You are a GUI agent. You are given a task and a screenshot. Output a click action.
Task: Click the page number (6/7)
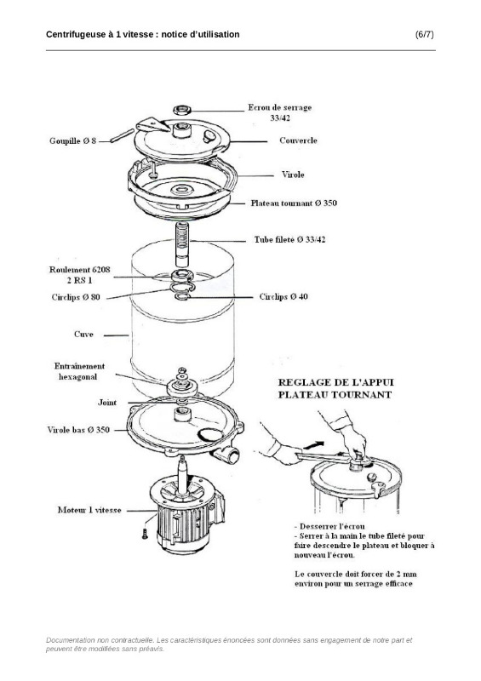pos(424,35)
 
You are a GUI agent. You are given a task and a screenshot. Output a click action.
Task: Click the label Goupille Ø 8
pos(72,140)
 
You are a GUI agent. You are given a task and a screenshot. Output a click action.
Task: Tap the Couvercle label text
pos(298,140)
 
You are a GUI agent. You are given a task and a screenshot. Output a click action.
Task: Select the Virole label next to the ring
pos(292,175)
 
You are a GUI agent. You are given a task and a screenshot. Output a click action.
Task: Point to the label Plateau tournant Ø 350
pos(294,203)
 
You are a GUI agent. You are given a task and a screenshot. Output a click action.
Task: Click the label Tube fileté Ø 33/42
pos(289,239)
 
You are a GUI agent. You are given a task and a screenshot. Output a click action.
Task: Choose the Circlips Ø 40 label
pos(283,296)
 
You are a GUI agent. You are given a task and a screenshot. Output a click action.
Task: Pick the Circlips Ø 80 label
pos(76,297)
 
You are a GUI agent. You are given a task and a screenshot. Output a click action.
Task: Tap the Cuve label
pos(83,334)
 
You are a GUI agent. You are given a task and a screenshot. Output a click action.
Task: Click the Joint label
pos(107,402)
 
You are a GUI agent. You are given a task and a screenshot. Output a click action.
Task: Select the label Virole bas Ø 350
pos(78,430)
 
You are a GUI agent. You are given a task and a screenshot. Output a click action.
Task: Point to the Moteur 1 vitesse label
pos(89,510)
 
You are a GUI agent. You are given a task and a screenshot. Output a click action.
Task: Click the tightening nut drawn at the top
pos(182,109)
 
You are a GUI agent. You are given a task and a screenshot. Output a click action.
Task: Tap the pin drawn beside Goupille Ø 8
pos(122,135)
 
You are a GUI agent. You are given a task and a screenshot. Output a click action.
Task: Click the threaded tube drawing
pos(182,244)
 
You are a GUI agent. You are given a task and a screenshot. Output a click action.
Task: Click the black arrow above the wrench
pos(314,444)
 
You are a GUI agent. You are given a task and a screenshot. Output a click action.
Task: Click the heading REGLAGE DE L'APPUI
pos(335,382)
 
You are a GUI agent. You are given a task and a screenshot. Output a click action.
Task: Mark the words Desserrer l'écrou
pos(332,526)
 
